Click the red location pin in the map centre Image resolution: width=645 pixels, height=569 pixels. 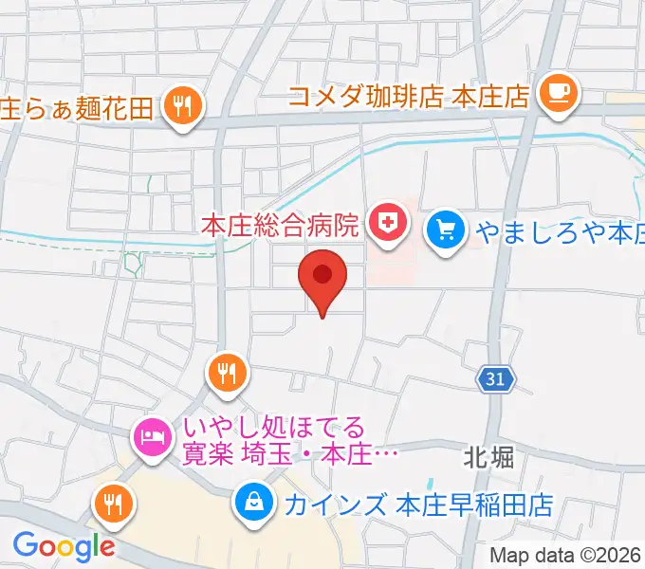tap(322, 277)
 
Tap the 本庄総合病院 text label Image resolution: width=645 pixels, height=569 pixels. tap(282, 226)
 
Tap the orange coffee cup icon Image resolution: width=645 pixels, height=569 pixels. tap(556, 92)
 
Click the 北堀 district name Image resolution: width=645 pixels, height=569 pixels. tap(489, 458)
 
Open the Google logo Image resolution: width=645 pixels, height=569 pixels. tap(64, 545)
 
